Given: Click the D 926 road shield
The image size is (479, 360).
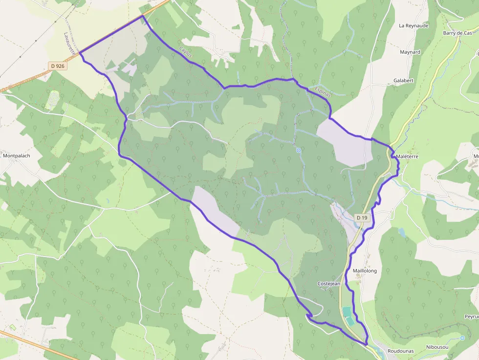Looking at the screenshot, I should click(x=57, y=65).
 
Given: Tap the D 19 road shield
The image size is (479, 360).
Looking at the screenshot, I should click(x=362, y=217).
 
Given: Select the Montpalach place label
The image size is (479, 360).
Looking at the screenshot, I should click(x=16, y=156).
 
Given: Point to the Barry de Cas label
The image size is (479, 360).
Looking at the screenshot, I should click(x=457, y=33).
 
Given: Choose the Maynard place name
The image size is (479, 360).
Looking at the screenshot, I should click(x=410, y=52).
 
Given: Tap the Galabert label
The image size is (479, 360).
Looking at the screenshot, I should click(x=404, y=81).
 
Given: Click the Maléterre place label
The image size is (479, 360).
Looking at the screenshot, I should click(x=408, y=156).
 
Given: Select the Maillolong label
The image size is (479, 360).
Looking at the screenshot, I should click(x=365, y=271).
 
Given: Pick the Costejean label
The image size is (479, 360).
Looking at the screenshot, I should click(x=329, y=284).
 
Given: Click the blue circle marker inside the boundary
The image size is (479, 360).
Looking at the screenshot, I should click(x=298, y=150).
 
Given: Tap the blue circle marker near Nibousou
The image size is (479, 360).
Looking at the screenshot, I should click(x=462, y=338).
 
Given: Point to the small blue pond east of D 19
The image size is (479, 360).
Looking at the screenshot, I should click(x=402, y=232).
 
